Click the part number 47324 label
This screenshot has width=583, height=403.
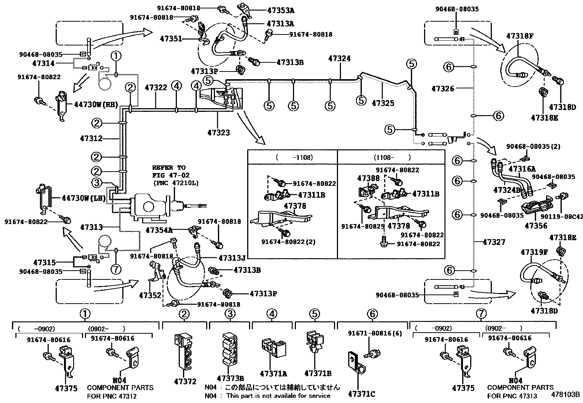[339, 58]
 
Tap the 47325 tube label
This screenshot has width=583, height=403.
[383, 103]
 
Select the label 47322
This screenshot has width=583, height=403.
[156, 88]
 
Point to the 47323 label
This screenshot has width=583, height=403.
[218, 132]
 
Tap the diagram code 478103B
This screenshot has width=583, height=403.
[566, 395]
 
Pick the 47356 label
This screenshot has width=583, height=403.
[536, 226]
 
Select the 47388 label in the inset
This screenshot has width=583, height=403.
[368, 178]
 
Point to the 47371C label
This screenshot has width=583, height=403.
[361, 394]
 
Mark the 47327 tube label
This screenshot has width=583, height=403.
[494, 242]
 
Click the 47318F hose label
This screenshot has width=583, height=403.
[520, 36]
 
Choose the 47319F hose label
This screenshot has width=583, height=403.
[534, 252]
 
